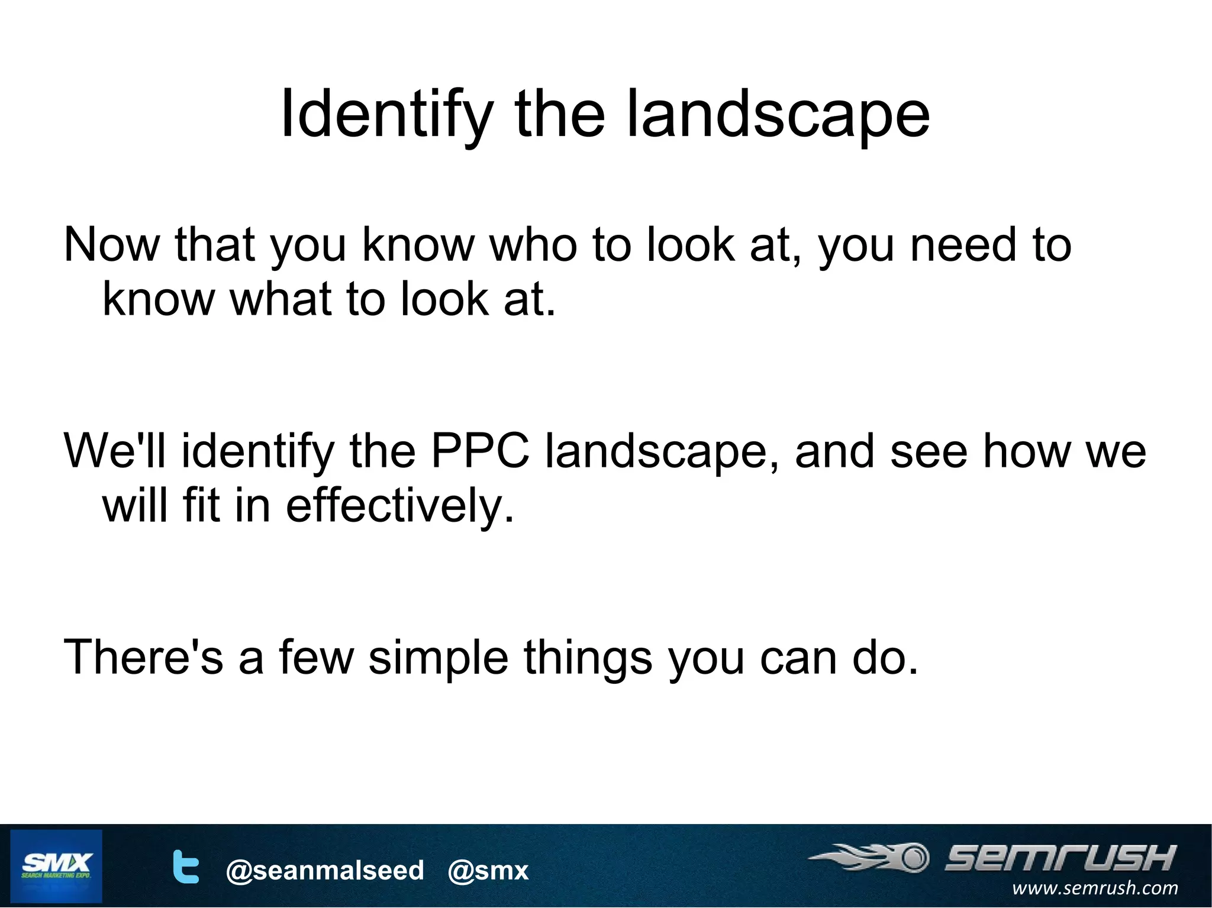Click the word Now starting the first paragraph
(x=111, y=244)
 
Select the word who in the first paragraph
(x=533, y=244)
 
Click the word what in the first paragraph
(x=281, y=299)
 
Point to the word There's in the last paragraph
(x=144, y=657)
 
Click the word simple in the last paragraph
(x=439, y=657)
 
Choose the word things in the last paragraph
(x=588, y=657)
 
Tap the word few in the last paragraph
(x=316, y=657)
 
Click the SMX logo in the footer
(x=56, y=865)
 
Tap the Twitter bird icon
(x=186, y=867)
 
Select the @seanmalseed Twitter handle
(x=325, y=870)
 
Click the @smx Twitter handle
(x=488, y=870)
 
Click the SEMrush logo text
(x=1059, y=857)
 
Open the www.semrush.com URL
(x=1095, y=888)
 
